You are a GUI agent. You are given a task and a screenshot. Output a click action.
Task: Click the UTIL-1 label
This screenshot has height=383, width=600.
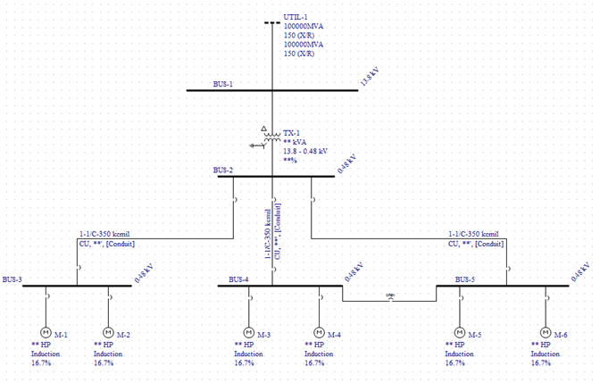(x=296, y=17)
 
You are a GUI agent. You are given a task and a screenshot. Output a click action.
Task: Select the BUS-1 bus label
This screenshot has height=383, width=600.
(x=223, y=84)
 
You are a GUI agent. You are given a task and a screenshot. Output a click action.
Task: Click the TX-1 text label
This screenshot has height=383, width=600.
(x=291, y=131)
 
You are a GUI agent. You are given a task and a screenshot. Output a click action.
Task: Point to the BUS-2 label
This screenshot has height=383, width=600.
(x=223, y=170)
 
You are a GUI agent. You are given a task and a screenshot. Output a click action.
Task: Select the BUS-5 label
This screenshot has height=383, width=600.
(x=466, y=279)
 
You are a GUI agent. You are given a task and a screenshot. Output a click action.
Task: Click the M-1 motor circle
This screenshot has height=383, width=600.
(x=45, y=332)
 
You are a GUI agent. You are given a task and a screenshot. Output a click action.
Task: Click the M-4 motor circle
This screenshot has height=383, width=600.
(x=319, y=332)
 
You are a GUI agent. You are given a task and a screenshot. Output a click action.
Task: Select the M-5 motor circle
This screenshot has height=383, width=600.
(x=460, y=332)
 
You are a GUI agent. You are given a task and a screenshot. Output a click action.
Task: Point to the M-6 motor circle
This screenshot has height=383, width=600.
(x=546, y=332)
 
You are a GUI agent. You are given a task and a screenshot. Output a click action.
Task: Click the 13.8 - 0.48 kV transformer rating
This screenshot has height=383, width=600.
(x=305, y=151)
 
